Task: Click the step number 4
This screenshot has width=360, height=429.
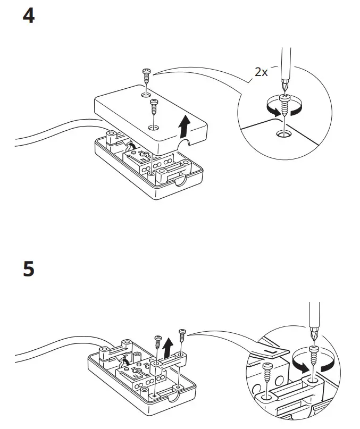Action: click(29, 16)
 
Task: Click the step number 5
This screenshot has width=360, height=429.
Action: click(29, 269)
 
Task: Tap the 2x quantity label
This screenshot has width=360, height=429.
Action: click(261, 72)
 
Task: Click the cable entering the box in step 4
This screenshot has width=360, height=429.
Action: click(53, 133)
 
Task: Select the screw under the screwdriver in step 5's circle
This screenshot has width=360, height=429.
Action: click(314, 357)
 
